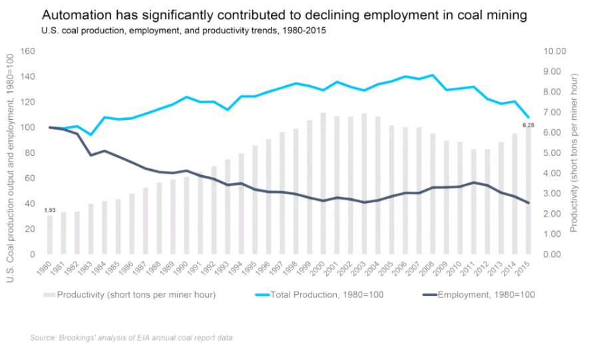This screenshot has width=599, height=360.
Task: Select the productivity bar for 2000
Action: (323, 183)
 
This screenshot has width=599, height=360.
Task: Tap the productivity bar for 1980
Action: (49, 235)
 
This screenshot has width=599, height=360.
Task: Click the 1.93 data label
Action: (49, 210)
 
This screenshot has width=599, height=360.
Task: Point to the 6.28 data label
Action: (528, 125)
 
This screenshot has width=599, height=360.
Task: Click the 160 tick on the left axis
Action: (27, 51)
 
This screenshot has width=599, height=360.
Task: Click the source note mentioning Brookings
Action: (131, 338)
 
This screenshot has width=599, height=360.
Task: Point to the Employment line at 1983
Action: (91, 155)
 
